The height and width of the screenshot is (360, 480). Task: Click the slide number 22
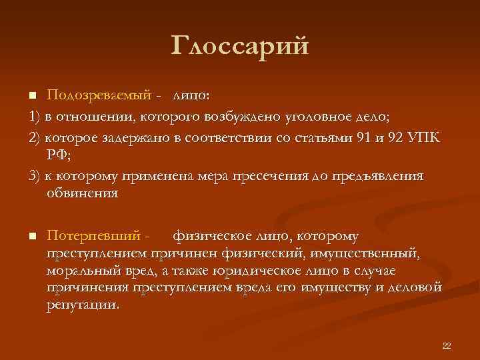(x=447, y=345)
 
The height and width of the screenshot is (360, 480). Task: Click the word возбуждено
(x=263, y=117)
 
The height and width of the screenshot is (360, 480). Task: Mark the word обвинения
(x=83, y=194)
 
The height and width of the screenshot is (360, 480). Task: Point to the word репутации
(x=83, y=305)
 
